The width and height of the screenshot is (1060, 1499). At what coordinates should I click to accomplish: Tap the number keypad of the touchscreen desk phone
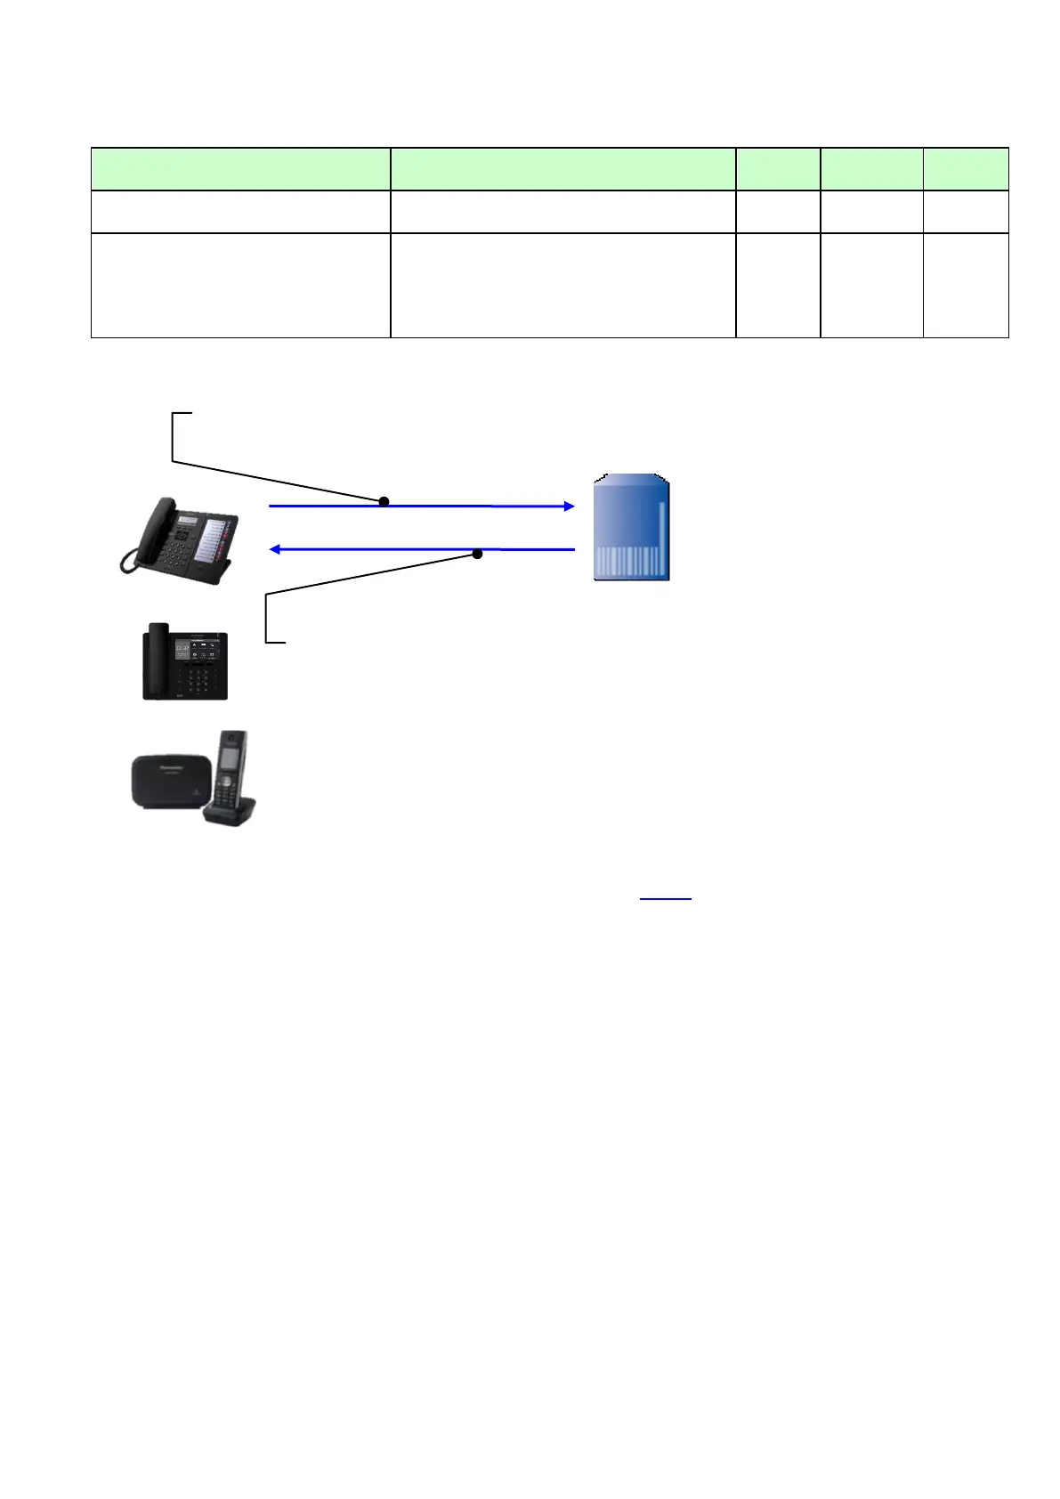198,681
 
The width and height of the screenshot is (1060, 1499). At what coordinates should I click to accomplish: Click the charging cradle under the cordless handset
231,812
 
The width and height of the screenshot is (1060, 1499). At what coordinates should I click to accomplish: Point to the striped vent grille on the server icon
628,562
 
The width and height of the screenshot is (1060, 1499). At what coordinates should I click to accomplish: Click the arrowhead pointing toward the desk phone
276,549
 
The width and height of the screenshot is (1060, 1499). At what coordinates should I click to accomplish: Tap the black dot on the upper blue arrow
384,502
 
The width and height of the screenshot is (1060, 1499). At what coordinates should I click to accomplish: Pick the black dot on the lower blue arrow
477,554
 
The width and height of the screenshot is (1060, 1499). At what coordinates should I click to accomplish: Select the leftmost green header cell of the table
240,168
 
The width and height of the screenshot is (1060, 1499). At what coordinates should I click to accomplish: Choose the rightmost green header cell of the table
965,168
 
